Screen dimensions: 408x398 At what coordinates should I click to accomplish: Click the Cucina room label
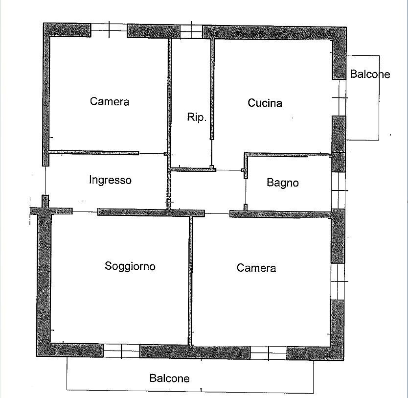coord(265,103)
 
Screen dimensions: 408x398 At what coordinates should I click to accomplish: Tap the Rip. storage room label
coord(197,117)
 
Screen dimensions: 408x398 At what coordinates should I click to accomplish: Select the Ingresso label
coord(110,180)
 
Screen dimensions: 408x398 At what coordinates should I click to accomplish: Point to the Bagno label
coord(283,183)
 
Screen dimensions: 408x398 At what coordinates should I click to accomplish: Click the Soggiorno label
coord(130,266)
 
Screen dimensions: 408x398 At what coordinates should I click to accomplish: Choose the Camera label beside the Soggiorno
coord(256,268)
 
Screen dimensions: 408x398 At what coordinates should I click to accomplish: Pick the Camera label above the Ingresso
coord(110,101)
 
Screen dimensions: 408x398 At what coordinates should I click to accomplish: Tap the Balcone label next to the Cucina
coord(370,74)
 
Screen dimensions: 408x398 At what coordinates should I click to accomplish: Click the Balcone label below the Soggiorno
coord(169,378)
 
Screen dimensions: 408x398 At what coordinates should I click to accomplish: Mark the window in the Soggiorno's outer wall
coord(121,351)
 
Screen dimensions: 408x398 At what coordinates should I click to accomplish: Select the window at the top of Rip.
coord(191,31)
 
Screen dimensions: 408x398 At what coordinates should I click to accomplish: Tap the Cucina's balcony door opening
coord(340,97)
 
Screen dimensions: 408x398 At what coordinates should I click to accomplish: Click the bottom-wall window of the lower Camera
coord(269,353)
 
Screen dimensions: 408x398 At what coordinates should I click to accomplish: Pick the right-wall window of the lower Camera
coord(338,281)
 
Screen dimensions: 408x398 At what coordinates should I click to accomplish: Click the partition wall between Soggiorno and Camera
coord(190,281)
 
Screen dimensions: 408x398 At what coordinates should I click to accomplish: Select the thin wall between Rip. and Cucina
coord(212,89)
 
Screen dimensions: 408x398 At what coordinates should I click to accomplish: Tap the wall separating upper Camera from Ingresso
coord(93,153)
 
